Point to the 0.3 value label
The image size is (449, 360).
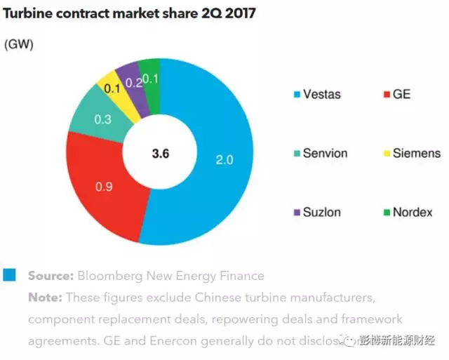click(x=103, y=119)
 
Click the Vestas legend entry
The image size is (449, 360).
click(x=321, y=94)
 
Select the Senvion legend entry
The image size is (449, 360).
click(x=324, y=153)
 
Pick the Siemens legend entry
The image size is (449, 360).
click(x=416, y=153)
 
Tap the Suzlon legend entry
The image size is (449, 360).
click(x=321, y=212)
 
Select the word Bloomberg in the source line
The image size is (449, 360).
click(x=105, y=276)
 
